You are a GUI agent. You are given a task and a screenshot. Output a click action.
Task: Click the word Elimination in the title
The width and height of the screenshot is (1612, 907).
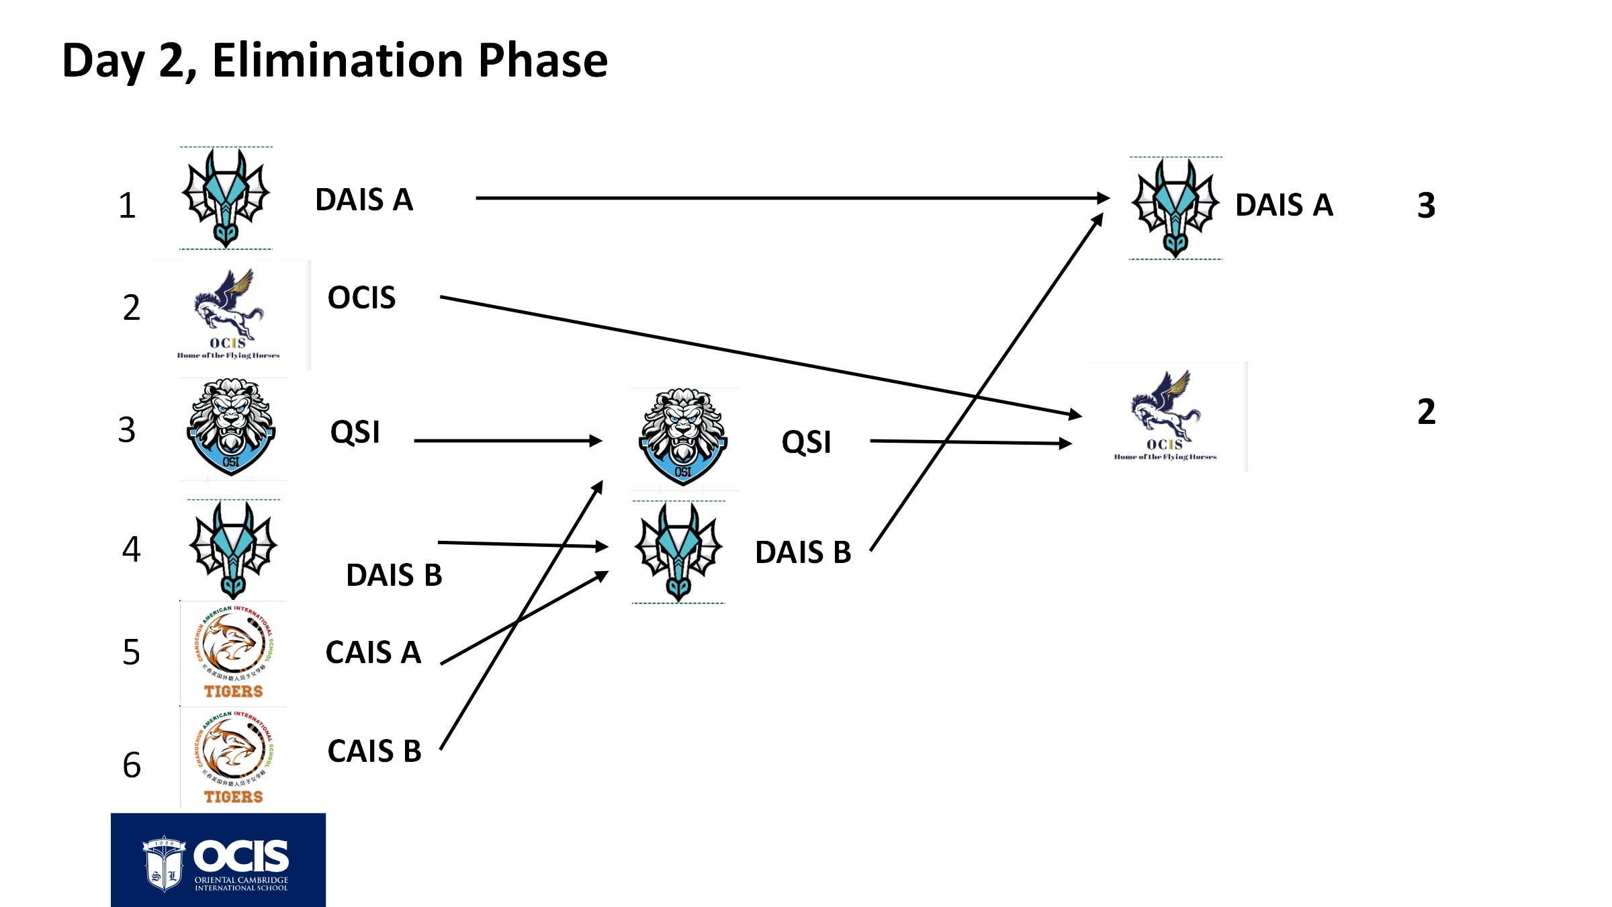tap(339, 60)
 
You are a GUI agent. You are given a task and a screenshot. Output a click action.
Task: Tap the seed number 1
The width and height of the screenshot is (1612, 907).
tap(127, 206)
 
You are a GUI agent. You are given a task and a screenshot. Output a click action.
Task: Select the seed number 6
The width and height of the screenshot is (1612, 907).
tap(132, 765)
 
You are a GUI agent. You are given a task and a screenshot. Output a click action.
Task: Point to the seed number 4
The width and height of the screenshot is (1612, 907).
tap(131, 550)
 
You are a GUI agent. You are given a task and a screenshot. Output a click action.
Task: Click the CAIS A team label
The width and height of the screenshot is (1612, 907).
tap(373, 652)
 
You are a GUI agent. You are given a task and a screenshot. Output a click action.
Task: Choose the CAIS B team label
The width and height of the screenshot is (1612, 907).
tap(374, 751)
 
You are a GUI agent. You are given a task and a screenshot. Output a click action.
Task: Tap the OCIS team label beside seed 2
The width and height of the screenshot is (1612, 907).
tap(361, 298)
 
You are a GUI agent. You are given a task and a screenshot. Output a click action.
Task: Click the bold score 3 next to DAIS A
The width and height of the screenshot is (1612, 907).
tap(1426, 206)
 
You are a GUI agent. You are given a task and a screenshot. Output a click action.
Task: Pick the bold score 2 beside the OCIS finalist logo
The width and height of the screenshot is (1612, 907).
tap(1426, 412)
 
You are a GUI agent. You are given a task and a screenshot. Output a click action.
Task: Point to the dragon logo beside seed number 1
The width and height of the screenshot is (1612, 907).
tap(226, 198)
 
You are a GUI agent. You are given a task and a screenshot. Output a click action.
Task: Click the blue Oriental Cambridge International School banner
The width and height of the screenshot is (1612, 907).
tap(218, 860)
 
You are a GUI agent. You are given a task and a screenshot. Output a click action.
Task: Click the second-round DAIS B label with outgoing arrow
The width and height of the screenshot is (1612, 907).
tap(803, 552)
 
